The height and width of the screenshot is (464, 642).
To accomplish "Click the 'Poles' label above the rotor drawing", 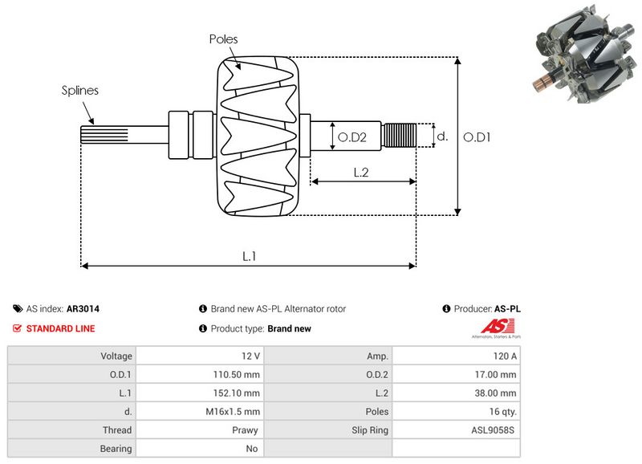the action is tap(223, 39).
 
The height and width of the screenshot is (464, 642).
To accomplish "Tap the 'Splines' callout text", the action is tap(79, 91).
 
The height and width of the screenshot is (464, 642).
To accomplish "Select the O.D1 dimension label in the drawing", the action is tap(477, 137).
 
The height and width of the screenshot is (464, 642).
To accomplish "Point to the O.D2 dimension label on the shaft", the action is tap(351, 137).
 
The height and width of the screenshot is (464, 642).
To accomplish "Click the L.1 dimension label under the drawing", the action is tap(249, 256).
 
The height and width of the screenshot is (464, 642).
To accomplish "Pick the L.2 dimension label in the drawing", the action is tap(361, 173).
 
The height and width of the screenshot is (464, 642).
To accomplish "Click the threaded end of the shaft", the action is tap(399, 136).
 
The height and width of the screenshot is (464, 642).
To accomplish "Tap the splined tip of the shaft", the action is tap(104, 135).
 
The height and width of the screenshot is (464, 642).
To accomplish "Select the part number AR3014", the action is tap(83, 309).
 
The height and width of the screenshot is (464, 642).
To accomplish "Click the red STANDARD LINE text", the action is tap(61, 328).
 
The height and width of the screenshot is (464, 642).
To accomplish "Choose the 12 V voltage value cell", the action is tap(250, 356).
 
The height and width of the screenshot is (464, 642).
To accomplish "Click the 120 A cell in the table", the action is tap(505, 356).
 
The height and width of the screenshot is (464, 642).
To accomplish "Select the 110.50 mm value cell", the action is tap(236, 374).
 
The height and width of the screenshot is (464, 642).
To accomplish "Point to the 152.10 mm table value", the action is tap(236, 393).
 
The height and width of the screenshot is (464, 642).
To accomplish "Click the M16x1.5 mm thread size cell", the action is tap(233, 412).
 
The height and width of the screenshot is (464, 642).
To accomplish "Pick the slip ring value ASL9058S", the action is tap(493, 430).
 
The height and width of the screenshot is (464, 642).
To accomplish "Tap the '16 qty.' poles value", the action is tap(503, 412).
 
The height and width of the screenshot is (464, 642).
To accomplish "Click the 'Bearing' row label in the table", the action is tap(116, 449).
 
